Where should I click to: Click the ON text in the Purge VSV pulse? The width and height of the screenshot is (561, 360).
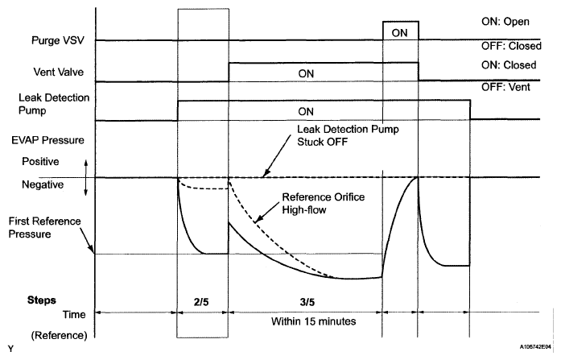coord(400,32)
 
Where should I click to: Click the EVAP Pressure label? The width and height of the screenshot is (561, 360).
coord(43,140)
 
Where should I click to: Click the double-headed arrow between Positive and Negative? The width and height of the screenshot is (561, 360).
coord(85,177)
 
